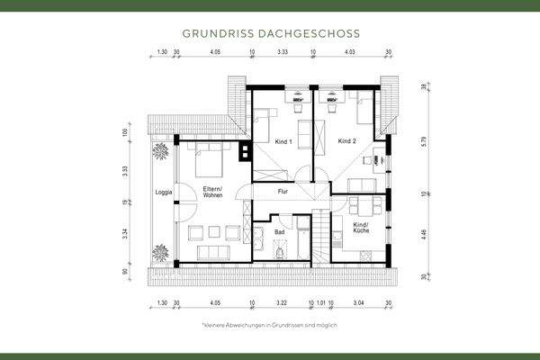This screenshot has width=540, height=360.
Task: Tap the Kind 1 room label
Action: click(283, 142)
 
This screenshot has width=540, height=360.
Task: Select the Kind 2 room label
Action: click(347, 142)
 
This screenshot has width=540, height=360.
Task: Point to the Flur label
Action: click(282, 192)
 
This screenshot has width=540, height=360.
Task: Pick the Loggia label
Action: click(163, 192)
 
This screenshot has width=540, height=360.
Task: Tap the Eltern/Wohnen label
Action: click(213, 192)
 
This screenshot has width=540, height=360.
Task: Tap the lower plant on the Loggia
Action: click(161, 250)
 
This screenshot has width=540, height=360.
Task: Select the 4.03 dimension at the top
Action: click(349, 52)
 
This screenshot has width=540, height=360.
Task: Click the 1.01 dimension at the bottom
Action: click(322, 304)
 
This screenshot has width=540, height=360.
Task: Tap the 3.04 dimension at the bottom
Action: click(359, 304)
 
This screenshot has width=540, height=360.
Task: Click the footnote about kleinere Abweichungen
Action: click(270, 324)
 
